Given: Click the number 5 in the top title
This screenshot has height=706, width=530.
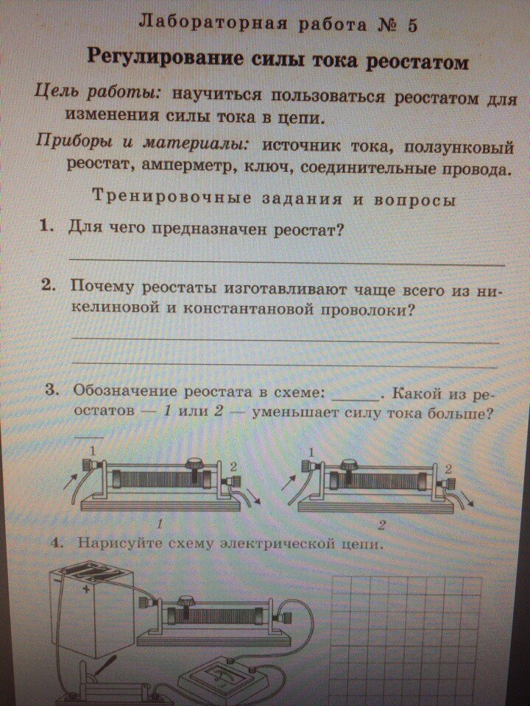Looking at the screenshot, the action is pos(412,26).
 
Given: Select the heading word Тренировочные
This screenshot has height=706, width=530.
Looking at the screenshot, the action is pos(172,197).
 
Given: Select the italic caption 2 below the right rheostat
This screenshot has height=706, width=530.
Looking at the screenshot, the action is pos(382,525).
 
